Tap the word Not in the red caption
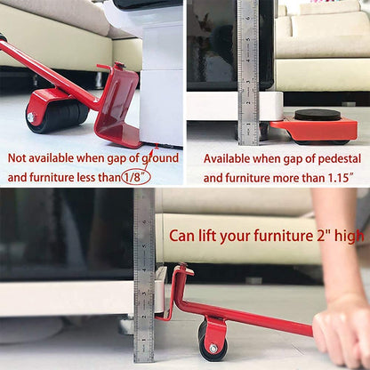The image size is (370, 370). [x=19, y=158]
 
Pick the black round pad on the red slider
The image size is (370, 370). [x=317, y=115]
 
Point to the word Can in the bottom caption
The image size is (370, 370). [x=184, y=237]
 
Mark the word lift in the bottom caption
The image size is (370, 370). [x=214, y=237]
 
